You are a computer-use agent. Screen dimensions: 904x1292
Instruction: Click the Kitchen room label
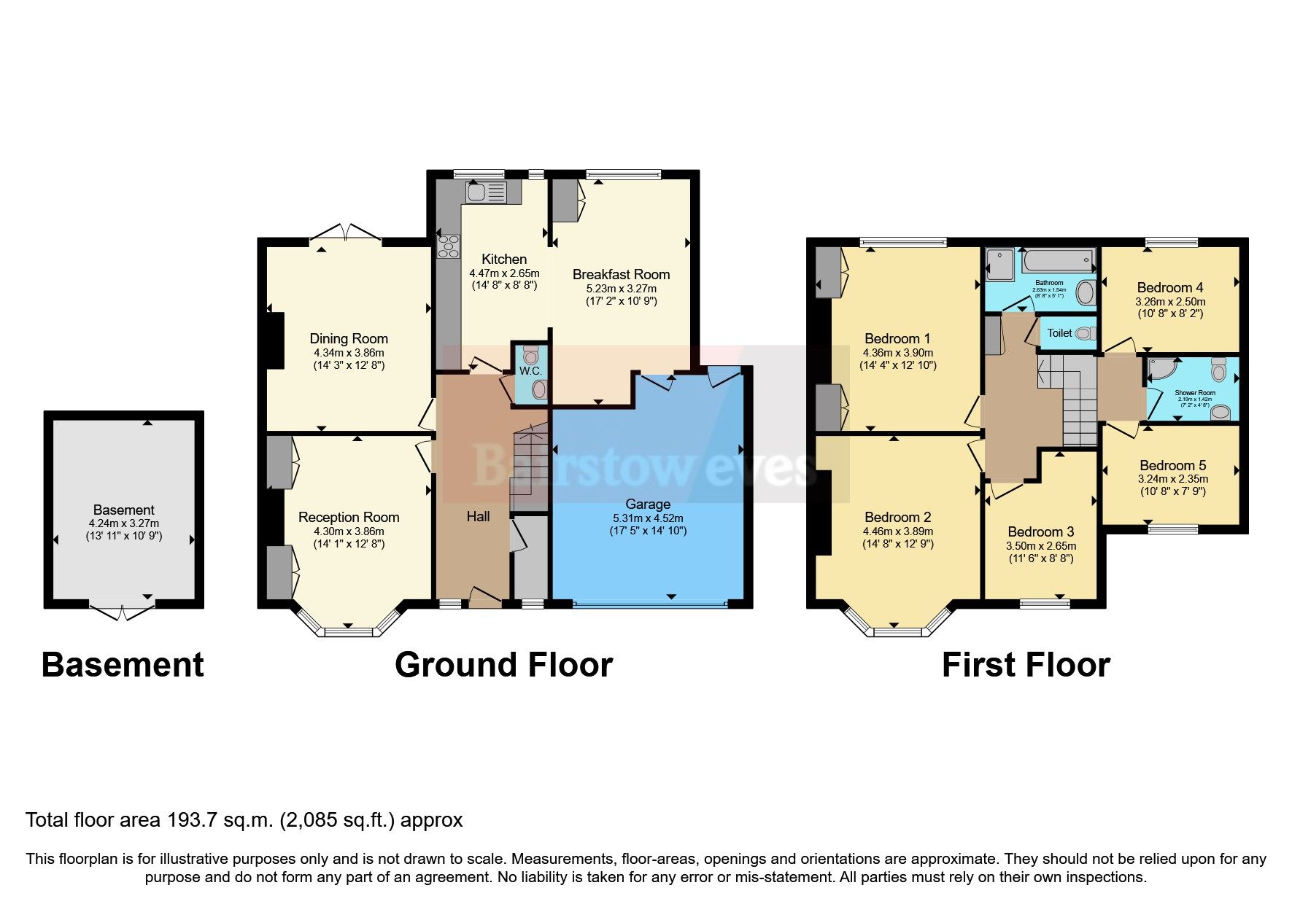tap(504, 259)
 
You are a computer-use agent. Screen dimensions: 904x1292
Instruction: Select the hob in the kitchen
tap(448, 246)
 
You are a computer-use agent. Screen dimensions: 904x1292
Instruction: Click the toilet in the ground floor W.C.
tap(531, 356)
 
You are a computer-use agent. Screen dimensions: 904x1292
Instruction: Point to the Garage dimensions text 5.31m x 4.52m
tap(648, 518)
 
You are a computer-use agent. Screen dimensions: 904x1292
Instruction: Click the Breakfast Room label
tap(621, 274)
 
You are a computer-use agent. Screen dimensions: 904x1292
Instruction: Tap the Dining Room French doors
tap(346, 233)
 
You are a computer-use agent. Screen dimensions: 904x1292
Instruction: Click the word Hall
tap(478, 516)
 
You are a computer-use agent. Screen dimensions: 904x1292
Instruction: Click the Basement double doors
tap(123, 610)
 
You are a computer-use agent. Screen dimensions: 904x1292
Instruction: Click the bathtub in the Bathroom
tap(1058, 260)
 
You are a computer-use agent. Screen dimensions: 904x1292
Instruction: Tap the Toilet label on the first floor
tap(1059, 333)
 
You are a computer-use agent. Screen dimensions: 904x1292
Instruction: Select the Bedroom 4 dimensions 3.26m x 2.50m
tap(1169, 301)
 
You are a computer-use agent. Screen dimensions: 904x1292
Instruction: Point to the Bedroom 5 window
tap(1172, 529)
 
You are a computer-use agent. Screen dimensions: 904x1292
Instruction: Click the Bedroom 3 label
tap(1040, 531)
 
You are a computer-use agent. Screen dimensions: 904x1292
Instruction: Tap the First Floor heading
tap(1025, 665)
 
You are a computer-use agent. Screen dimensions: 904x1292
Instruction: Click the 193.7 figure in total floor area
tap(192, 820)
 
